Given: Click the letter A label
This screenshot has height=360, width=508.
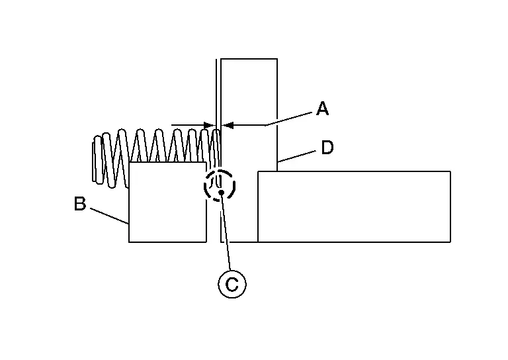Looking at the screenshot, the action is pos(322,109).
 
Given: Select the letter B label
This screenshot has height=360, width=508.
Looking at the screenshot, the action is pos(80,204).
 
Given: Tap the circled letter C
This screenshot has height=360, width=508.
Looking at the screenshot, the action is pos(232,284).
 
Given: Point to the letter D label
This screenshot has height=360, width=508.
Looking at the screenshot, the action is pos(327,148).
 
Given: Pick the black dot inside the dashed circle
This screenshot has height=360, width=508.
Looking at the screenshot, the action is pos(222,193).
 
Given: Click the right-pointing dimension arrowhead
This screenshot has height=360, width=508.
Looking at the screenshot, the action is pos(209,125).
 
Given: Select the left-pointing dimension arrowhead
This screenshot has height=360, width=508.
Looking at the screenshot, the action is pos(227,125).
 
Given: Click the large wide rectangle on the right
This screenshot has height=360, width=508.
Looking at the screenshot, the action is pos(354,206).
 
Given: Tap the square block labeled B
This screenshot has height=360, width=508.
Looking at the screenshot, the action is pos(167,202).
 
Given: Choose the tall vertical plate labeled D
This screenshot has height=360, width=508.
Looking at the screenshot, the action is pos(249,150).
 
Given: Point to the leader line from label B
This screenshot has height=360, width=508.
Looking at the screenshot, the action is pos(109,216).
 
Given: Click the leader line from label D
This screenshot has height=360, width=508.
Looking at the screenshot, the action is pos(296,156).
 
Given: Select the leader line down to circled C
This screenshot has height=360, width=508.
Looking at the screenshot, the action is pos(226,232).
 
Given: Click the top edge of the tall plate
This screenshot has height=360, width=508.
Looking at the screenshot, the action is pos(249,59).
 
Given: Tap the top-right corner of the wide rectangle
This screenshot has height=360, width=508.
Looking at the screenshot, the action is pos(450,171).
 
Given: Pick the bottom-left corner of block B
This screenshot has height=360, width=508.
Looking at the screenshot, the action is pos(129,242).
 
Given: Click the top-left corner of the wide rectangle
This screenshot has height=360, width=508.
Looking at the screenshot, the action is pos(258,171).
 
